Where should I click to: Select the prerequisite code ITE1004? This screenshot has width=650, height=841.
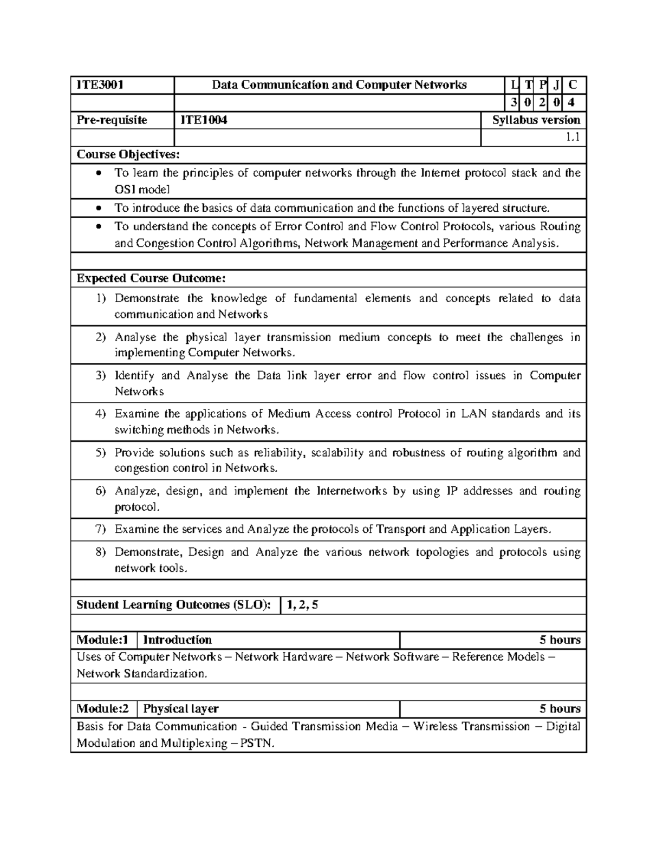[203, 120]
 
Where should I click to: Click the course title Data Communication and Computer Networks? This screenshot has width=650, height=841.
[339, 85]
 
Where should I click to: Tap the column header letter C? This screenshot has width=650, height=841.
[573, 85]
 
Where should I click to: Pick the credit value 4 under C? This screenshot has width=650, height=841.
[573, 102]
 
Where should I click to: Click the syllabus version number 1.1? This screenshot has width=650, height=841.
[573, 138]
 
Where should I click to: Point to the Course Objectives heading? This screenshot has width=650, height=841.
[127, 155]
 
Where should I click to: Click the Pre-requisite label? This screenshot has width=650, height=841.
[112, 120]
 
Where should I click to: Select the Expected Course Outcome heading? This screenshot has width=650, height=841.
[151, 279]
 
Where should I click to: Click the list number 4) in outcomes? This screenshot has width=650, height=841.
[101, 414]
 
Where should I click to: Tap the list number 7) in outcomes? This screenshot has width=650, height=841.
[101, 530]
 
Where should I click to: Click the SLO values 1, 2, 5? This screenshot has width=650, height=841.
[303, 605]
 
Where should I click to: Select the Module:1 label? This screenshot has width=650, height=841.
[102, 640]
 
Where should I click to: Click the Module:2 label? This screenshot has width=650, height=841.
[102, 709]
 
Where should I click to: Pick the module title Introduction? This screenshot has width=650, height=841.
[177, 640]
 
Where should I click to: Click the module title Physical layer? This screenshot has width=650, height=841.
[180, 709]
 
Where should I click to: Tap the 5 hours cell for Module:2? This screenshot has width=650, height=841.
[560, 709]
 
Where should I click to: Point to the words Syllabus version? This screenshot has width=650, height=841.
[536, 120]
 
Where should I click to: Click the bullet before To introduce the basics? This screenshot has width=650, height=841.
[98, 208]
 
